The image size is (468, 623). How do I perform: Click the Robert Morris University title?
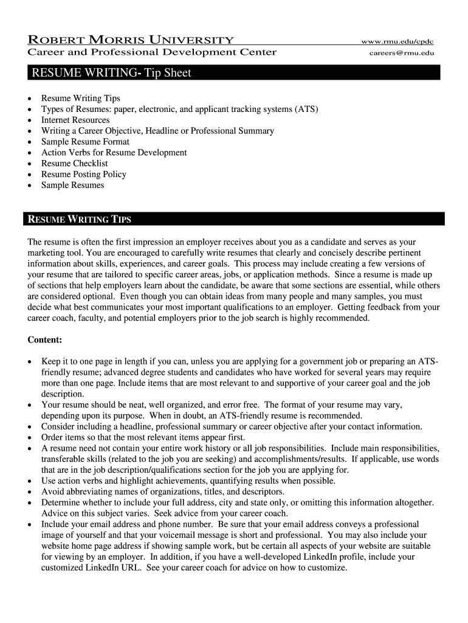click(x=131, y=40)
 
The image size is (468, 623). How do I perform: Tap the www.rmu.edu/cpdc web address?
click(x=397, y=41)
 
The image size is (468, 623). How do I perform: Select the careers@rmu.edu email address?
click(x=402, y=53)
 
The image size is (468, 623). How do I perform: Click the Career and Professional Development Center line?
click(x=152, y=52)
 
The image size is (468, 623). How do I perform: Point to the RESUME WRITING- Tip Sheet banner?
click(x=233, y=73)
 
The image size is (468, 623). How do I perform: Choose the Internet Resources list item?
click(x=75, y=120)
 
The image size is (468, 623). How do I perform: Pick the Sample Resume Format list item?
click(x=85, y=142)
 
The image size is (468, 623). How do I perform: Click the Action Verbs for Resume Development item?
click(x=114, y=153)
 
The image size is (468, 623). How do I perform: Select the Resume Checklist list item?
click(x=74, y=164)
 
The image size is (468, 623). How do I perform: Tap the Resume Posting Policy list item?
click(x=83, y=175)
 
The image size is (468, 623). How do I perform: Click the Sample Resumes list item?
click(x=72, y=186)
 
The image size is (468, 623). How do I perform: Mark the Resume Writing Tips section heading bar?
click(x=233, y=219)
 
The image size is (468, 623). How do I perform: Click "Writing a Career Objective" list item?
click(x=157, y=131)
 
